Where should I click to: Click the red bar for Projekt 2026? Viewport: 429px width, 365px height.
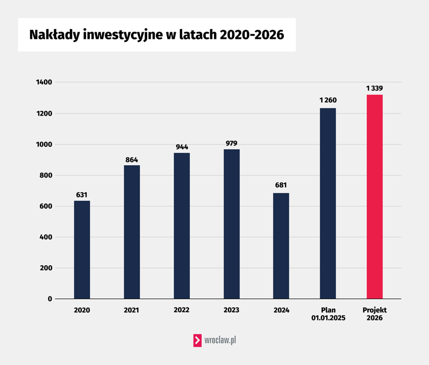pyautogui.click(x=374, y=197)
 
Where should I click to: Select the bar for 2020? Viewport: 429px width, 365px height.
pyautogui.click(x=82, y=250)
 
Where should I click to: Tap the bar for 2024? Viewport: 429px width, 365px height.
pyautogui.click(x=281, y=246)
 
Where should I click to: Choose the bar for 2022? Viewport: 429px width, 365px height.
pyautogui.click(x=181, y=226)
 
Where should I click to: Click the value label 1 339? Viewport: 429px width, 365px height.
pyautogui.click(x=374, y=88)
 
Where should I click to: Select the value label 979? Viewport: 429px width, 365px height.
pyautogui.click(x=231, y=143)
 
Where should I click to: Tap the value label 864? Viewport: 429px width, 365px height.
pyautogui.click(x=132, y=159)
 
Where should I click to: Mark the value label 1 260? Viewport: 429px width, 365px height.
pyautogui.click(x=328, y=100)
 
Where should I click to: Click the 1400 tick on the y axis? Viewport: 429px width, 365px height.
pyautogui.click(x=44, y=82)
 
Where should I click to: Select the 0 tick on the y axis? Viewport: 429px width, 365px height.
pyautogui.click(x=50, y=299)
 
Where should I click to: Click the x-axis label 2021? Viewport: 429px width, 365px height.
pyautogui.click(x=132, y=310)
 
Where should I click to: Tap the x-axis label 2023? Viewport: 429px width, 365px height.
pyautogui.click(x=231, y=310)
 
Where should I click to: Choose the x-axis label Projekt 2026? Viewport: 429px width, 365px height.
pyautogui.click(x=374, y=314)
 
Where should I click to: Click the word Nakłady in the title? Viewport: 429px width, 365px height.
pyautogui.click(x=55, y=35)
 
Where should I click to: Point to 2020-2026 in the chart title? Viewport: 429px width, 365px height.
pyautogui.click(x=251, y=35)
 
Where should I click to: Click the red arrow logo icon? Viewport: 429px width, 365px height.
pyautogui.click(x=197, y=340)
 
